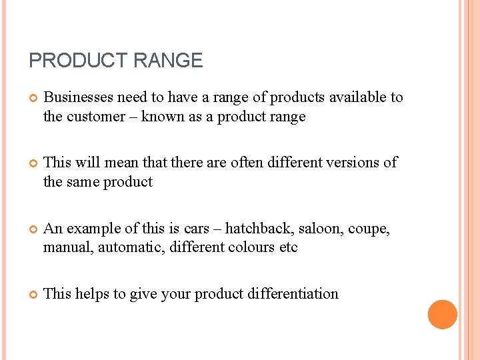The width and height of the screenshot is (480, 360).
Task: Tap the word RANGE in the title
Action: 168,61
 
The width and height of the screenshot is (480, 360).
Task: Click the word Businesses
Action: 78,97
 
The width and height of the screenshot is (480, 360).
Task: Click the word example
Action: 93,229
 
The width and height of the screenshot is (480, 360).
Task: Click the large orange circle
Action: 443,315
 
